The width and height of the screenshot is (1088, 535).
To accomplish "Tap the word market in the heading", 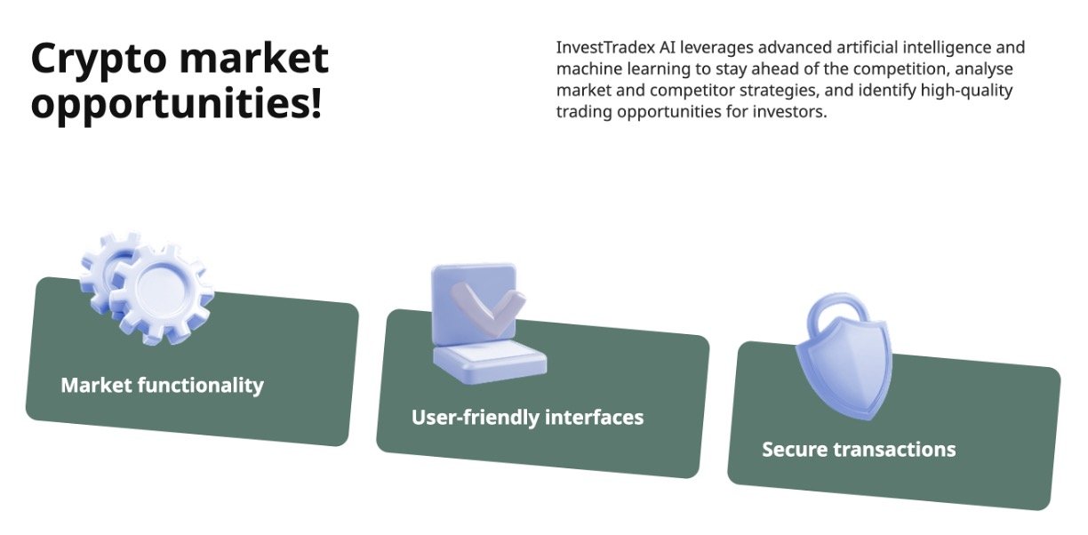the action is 254,58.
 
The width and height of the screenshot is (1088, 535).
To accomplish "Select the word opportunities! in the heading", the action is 176,104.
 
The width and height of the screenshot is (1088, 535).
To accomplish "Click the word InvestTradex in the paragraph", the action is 605,48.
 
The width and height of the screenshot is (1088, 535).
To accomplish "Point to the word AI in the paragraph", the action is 668,48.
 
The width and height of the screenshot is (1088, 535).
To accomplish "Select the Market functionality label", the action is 163,386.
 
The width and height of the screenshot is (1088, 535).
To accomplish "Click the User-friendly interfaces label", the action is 527,418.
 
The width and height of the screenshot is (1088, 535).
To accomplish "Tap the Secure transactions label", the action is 859,450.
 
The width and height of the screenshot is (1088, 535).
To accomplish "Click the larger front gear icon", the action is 163,293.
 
